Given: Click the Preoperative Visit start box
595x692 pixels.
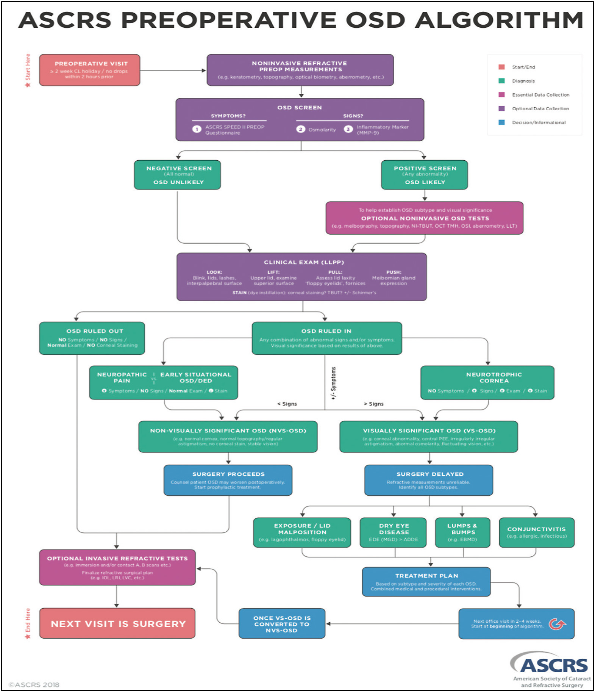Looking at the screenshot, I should (x=89, y=70).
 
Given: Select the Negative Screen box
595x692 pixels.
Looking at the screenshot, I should (x=177, y=175).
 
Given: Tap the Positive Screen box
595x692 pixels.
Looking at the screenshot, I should (x=424, y=175).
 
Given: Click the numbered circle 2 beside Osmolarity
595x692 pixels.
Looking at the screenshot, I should (x=300, y=129).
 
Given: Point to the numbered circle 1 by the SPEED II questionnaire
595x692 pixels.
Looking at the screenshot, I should (x=197, y=129).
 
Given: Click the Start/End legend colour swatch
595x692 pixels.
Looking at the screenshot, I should (x=501, y=67).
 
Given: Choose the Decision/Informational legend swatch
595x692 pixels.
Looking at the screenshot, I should (x=501, y=122).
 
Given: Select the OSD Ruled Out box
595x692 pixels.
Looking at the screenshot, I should (x=92, y=338).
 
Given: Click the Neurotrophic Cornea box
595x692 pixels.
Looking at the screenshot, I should (x=487, y=382).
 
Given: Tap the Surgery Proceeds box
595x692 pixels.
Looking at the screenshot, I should (x=228, y=480).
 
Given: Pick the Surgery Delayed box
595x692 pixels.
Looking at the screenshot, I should (x=429, y=480).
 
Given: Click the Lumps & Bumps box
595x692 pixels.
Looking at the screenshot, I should (x=462, y=532).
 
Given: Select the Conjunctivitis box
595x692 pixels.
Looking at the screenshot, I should (x=536, y=532).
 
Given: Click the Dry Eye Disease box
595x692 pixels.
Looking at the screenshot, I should (x=393, y=532).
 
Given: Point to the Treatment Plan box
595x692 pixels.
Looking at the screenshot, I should (x=426, y=582).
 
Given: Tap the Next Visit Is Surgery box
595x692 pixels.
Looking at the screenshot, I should (x=117, y=623).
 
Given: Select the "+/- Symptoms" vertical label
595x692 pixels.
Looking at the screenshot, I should (x=333, y=383).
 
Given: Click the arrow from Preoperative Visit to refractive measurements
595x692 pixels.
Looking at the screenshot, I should (x=173, y=70).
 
